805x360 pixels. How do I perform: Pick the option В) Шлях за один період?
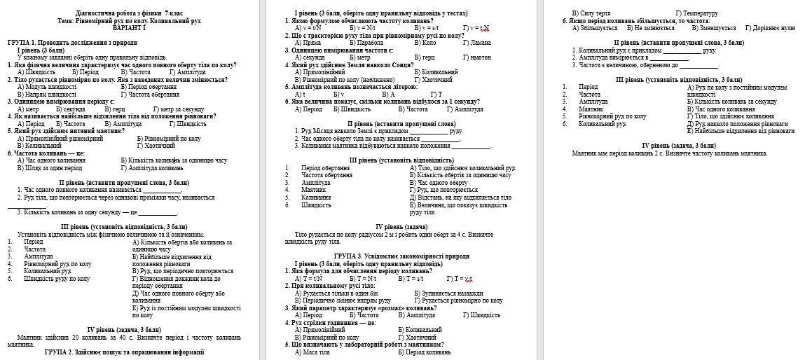49,168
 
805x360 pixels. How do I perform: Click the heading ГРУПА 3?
352,256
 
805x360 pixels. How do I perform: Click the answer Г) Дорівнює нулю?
770,28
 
